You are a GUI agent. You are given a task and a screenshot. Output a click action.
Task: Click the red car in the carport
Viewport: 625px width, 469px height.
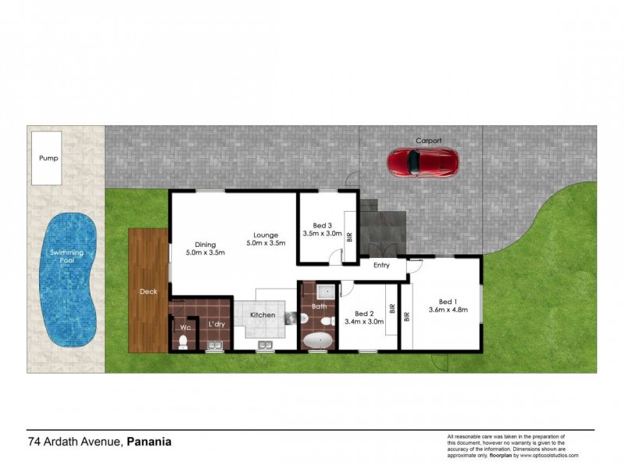[x=423, y=161]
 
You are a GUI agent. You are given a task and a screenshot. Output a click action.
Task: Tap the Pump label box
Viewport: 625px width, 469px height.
[x=48, y=158]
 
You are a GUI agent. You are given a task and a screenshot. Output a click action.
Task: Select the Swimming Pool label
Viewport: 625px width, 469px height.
[x=67, y=257]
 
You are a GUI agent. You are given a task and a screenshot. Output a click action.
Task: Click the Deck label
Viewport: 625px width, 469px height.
[x=148, y=292]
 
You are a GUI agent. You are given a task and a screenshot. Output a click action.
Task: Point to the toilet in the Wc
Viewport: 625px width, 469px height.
[x=184, y=342]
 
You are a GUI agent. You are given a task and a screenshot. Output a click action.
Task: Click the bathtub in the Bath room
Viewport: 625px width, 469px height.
[x=318, y=342]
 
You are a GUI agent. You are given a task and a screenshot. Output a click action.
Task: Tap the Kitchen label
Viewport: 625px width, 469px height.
[x=262, y=315]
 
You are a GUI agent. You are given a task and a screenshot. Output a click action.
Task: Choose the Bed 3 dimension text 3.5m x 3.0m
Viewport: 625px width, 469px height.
[x=323, y=234]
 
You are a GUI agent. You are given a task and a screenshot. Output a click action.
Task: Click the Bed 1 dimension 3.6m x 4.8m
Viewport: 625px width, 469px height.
[x=448, y=310]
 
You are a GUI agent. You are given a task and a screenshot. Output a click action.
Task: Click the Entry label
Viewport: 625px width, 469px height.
[x=381, y=266]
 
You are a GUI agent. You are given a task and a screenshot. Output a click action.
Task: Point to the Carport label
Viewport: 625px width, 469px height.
[x=428, y=141]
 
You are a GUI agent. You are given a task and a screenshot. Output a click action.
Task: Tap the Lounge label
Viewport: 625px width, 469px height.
[x=266, y=234]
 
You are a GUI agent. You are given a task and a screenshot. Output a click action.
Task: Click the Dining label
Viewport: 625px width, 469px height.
[x=205, y=244]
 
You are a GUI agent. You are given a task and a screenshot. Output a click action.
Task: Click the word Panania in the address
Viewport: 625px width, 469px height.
[x=149, y=442]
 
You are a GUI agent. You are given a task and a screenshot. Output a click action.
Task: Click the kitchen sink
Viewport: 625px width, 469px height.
[x=265, y=344]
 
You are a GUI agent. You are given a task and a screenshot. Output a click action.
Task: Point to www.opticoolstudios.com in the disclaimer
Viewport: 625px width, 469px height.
[x=550, y=455]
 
